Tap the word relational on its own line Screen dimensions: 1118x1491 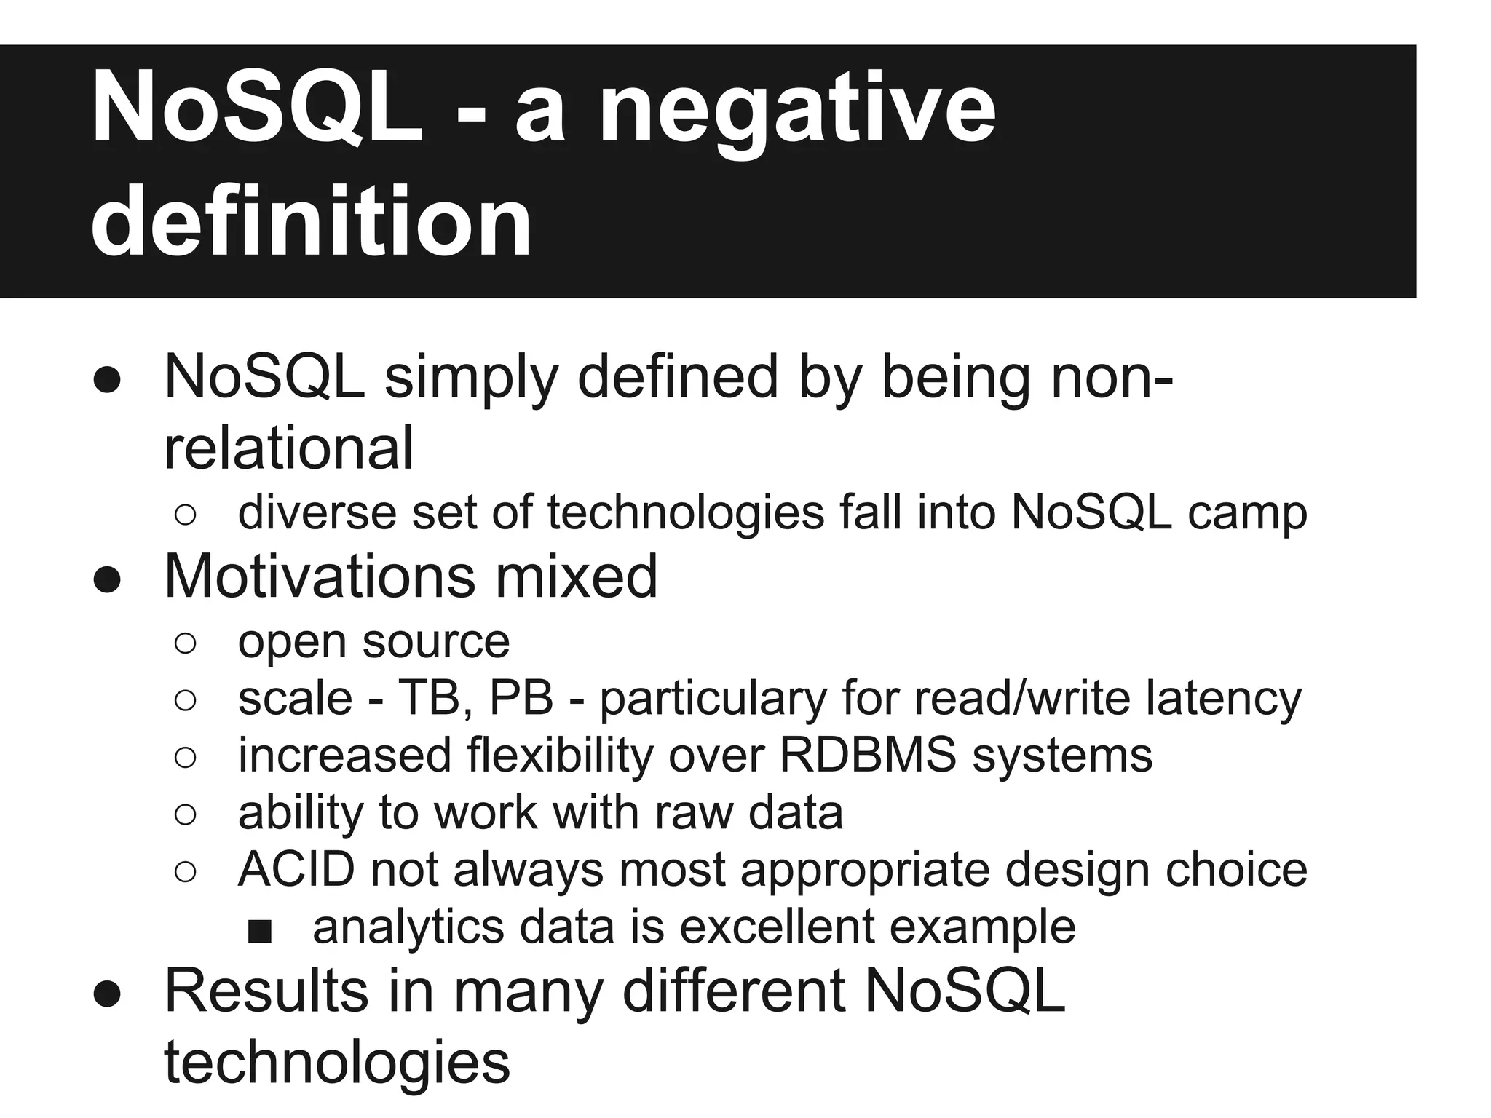[x=288, y=448]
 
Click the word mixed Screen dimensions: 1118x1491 [x=577, y=576]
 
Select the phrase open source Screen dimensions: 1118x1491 [x=373, y=642]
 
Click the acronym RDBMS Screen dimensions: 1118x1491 [x=868, y=755]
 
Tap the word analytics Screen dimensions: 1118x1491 [x=408, y=927]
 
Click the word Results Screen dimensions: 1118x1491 [x=266, y=991]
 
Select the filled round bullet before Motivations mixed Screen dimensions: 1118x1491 [x=107, y=580]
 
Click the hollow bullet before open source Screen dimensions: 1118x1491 [x=186, y=643]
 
